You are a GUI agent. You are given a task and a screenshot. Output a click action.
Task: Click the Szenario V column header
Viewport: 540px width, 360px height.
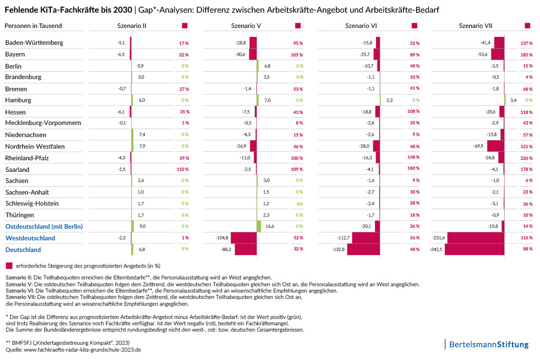click(248, 26)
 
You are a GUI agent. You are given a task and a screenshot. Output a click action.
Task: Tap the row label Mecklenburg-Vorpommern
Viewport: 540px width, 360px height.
click(43, 123)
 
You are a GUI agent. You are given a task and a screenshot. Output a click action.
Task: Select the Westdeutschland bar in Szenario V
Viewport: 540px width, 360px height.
click(244, 238)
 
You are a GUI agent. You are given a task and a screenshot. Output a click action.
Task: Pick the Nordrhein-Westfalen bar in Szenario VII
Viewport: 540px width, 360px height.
click(496, 146)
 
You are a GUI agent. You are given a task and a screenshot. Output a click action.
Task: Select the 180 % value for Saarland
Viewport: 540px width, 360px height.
click(413, 169)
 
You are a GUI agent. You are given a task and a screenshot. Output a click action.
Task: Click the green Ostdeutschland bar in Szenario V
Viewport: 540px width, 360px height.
click(259, 226)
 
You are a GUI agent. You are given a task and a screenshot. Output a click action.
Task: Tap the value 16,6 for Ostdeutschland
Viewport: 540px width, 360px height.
click(270, 226)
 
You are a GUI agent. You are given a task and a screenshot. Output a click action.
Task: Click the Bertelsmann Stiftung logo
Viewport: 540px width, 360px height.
click(488, 345)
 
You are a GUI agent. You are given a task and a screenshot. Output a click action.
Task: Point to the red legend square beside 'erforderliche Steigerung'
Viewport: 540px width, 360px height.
click(8, 265)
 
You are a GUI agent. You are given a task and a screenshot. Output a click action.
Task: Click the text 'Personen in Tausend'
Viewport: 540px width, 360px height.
click(33, 26)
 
